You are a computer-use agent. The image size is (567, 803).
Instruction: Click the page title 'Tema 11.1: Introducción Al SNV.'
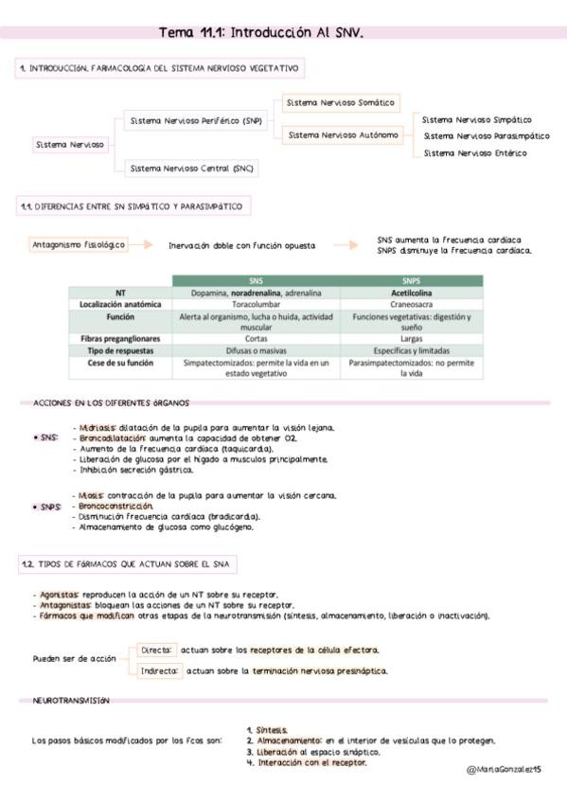(x=261, y=32)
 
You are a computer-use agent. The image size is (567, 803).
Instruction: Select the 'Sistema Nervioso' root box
(x=69, y=145)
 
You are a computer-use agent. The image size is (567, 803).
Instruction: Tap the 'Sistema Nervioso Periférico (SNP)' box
(x=196, y=121)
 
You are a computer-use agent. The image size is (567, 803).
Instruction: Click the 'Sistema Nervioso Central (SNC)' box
(x=191, y=168)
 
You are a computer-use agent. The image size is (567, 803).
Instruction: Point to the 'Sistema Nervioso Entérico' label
(x=475, y=153)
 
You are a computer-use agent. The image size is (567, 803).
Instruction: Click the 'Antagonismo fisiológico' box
(x=79, y=244)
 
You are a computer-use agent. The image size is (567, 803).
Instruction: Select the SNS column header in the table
(x=256, y=281)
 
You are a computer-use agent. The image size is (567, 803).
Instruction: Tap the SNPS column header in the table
(x=411, y=281)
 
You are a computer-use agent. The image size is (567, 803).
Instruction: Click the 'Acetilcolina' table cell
(x=411, y=293)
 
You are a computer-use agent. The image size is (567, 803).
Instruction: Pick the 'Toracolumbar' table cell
(x=256, y=305)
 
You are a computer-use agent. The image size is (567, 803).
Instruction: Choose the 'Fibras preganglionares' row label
(x=120, y=338)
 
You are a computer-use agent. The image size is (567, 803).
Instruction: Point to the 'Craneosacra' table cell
(x=411, y=305)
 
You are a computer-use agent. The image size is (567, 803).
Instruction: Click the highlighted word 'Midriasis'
(x=98, y=427)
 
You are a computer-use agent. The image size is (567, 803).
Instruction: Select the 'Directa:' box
(x=156, y=651)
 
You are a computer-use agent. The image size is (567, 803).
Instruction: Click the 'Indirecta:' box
(x=160, y=670)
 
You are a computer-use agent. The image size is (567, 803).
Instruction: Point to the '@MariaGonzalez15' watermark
(x=504, y=771)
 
